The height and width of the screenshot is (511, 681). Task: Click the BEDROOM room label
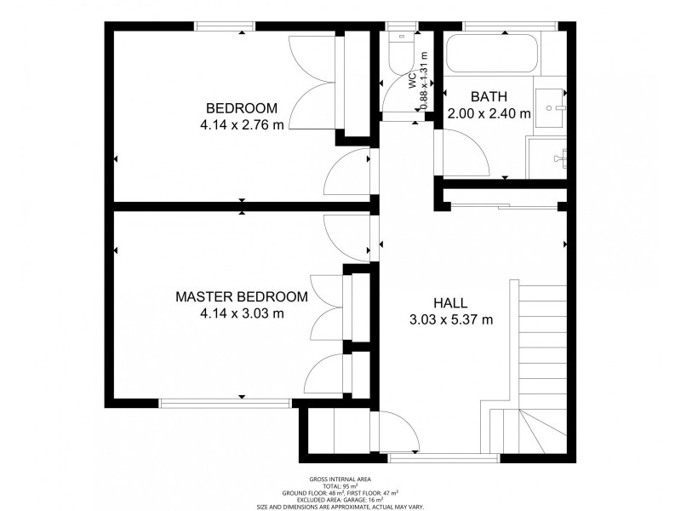coord(242,108)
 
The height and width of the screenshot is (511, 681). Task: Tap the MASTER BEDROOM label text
coord(242,296)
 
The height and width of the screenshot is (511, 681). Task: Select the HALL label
coord(451,303)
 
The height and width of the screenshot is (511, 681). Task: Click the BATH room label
coord(489,96)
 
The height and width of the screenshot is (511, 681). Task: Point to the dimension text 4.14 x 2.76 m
coord(242,125)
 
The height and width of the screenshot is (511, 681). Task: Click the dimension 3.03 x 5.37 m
coord(451,320)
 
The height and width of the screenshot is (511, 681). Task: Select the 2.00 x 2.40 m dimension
coord(489,114)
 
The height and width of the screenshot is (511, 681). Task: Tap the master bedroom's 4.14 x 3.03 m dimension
coord(242,313)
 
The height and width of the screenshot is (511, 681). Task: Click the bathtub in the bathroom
coord(492,54)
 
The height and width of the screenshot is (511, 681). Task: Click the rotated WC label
coord(412,81)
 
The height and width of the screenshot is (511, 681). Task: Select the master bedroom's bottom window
coord(225,404)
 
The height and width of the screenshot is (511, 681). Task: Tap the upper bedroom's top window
coord(225,26)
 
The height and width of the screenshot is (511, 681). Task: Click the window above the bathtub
coord(510,26)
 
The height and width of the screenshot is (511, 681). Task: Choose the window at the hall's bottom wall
coord(444,458)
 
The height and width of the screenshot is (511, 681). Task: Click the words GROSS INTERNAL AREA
coord(340,479)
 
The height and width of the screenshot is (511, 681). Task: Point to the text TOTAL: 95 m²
coord(340,486)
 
